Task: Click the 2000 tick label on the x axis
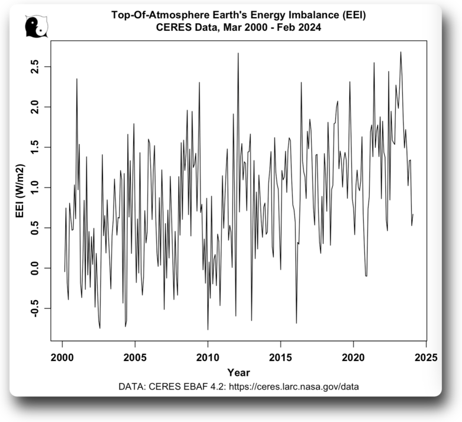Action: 62,357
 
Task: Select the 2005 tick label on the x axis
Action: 135,357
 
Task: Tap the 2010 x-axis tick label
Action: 208,357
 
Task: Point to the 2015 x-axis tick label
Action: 280,357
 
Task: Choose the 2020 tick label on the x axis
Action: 353,357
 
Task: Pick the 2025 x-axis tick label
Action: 426,357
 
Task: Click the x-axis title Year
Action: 238,373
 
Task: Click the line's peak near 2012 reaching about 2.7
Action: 238,53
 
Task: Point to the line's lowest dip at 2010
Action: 208,330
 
